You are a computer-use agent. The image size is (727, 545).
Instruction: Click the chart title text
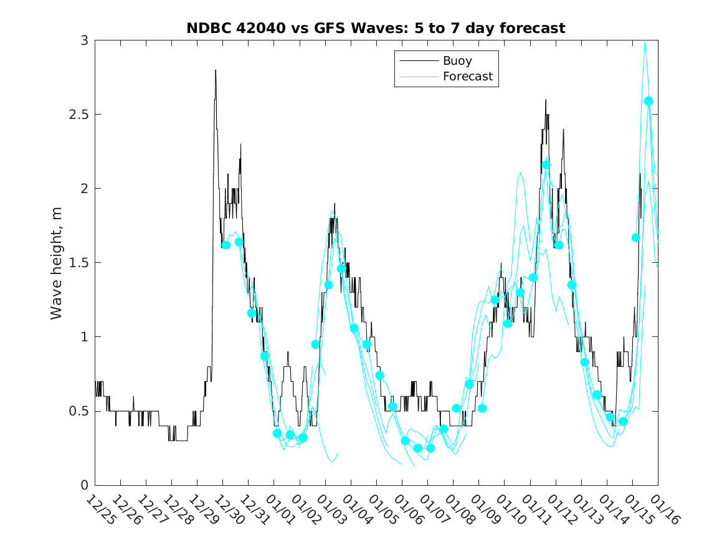(376, 28)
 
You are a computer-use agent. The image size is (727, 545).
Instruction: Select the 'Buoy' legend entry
(457, 61)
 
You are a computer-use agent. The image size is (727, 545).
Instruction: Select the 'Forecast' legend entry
(467, 77)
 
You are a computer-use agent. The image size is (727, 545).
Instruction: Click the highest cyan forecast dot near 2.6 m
(648, 101)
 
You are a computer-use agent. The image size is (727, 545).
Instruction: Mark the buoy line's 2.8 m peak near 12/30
(216, 70)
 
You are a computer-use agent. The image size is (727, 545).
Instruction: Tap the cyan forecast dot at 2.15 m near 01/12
(546, 164)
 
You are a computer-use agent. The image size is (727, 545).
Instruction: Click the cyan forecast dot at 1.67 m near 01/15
(635, 237)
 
